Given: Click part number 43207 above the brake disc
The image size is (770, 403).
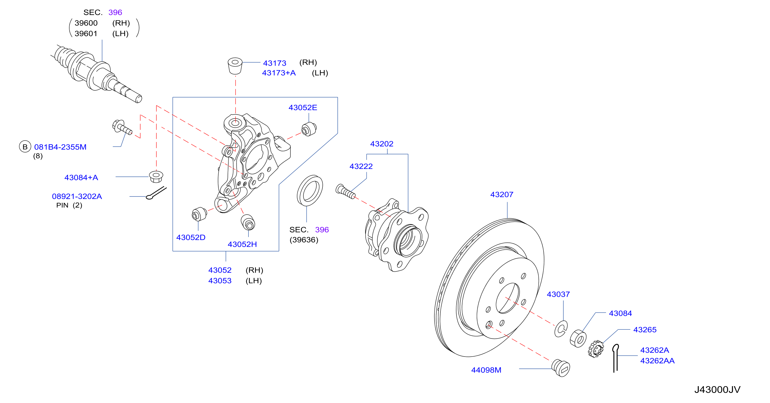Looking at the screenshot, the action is [x=502, y=195].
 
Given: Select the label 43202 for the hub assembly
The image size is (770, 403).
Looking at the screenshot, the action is [x=382, y=144].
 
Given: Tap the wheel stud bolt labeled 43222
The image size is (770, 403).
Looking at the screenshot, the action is [x=346, y=192].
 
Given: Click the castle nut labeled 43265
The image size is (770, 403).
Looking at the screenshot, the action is [x=596, y=349].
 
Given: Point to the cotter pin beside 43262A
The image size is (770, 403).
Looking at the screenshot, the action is [x=615, y=358].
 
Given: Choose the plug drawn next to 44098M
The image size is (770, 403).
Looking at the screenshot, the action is [x=560, y=368].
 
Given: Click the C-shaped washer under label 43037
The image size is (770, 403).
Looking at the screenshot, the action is [x=561, y=329].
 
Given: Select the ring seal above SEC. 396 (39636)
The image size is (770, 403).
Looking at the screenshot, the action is [x=310, y=190].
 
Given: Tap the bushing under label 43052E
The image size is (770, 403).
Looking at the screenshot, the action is [x=309, y=129].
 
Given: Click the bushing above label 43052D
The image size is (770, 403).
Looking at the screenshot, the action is [x=199, y=214].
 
